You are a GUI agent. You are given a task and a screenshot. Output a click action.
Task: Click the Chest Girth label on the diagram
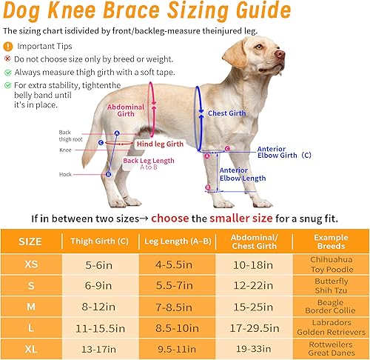[226, 113]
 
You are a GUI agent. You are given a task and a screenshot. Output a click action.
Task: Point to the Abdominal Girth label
[127, 111]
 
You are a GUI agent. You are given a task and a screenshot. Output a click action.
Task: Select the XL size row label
[30, 346]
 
